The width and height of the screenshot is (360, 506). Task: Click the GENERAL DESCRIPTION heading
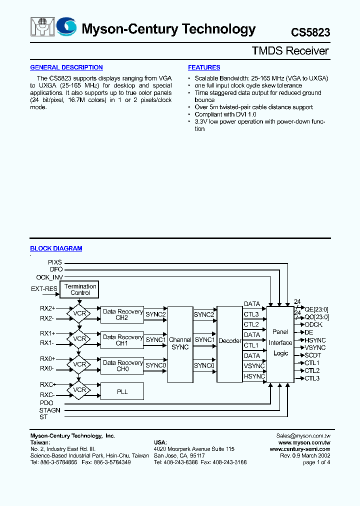tap(66, 67)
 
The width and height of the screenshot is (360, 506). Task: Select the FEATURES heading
tap(204, 67)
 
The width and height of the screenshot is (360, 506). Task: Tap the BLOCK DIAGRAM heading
tap(56, 248)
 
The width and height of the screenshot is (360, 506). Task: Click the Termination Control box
tap(80, 289)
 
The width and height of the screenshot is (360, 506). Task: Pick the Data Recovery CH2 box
tap(122, 314)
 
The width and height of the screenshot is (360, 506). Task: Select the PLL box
tap(122, 391)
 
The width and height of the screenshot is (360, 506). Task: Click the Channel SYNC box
tap(180, 343)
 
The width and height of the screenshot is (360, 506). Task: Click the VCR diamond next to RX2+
tap(79, 313)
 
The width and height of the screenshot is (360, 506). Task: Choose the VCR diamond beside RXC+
tap(79, 390)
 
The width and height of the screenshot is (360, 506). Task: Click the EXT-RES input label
tap(44, 289)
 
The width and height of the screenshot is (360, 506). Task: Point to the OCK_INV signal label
tap(49, 277)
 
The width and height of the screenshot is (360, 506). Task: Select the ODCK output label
tap(314, 325)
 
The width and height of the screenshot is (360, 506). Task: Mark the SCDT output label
tap(313, 355)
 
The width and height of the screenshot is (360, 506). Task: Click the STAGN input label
tap(50, 410)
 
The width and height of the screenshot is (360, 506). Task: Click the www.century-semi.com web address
tap(300, 449)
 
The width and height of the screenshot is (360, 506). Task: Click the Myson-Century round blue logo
tap(66, 27)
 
